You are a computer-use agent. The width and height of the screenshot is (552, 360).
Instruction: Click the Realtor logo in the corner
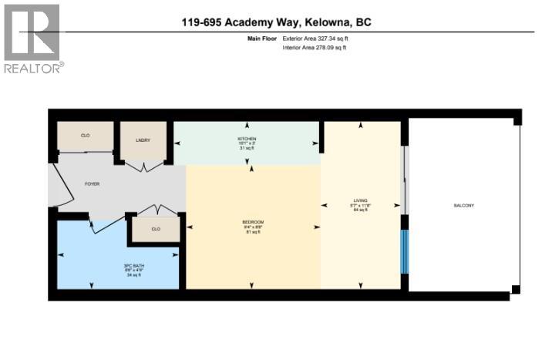click(32, 39)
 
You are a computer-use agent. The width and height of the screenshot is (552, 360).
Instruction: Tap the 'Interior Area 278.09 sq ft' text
click(315, 48)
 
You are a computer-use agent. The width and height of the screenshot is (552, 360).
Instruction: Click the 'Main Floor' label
click(261, 37)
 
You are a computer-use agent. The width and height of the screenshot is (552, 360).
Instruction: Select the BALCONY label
click(463, 205)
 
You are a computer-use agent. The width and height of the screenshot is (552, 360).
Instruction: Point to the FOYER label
click(92, 184)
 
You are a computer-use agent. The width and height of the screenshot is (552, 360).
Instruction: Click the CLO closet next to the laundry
click(85, 136)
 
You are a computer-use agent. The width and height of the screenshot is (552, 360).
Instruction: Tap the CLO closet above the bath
click(155, 229)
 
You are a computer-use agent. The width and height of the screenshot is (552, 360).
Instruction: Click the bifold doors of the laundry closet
click(142, 165)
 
